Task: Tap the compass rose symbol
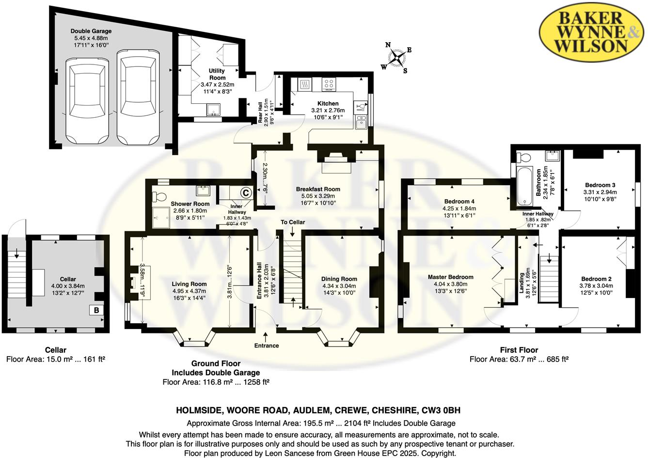(396, 58)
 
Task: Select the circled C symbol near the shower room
(246, 193)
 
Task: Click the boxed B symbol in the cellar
(96, 311)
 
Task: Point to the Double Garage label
(91, 31)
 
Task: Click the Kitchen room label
(328, 103)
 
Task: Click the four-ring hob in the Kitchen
(329, 84)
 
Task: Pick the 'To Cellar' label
(293, 222)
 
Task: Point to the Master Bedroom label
(450, 277)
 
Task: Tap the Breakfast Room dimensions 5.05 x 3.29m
(318, 196)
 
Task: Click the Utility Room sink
(213, 110)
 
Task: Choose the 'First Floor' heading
(519, 350)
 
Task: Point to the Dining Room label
(339, 279)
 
